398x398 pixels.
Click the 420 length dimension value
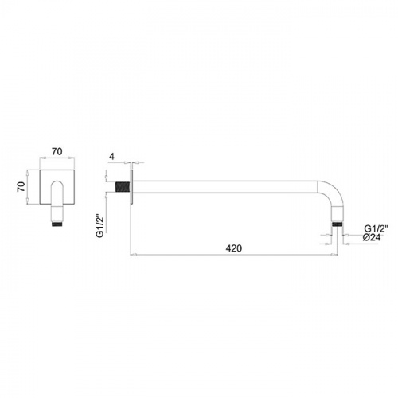pos(234,248)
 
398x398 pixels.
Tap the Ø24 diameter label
pos(372,238)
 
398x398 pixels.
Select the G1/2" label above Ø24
pos(376,228)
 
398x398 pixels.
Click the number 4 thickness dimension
pos(111,157)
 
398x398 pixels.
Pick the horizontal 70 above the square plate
pos(57,151)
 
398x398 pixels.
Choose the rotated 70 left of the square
pos(21,186)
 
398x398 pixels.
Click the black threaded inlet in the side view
pos(123,187)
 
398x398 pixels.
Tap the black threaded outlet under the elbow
pos(338,224)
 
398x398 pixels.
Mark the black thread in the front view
pos(57,224)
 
